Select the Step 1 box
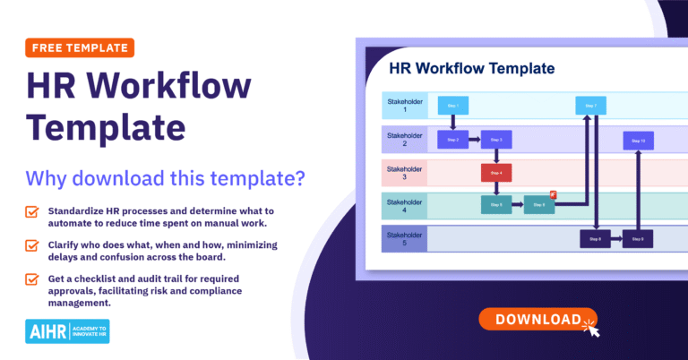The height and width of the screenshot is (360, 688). click(452, 107)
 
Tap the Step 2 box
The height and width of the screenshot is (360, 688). click(452, 140)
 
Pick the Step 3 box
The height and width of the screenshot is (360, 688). click(495, 140)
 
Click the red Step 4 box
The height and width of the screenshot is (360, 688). click(495, 172)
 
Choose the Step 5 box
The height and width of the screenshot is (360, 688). click(495, 205)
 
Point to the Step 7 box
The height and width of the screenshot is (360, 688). click(591, 107)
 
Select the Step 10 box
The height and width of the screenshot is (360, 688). click(638, 140)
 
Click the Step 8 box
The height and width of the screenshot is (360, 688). click(595, 238)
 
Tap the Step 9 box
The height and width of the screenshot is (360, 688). click(638, 238)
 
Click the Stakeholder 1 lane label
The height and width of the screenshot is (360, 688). click(403, 107)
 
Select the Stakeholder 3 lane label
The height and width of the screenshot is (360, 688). click(403, 172)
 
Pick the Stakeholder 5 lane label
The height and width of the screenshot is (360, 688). click(403, 238)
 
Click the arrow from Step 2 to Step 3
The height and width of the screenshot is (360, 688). click(474, 140)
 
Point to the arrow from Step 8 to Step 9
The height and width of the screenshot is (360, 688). click(616, 238)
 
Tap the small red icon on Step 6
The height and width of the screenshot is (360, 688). click(555, 194)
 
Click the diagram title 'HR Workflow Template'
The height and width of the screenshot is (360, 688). click(472, 68)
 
